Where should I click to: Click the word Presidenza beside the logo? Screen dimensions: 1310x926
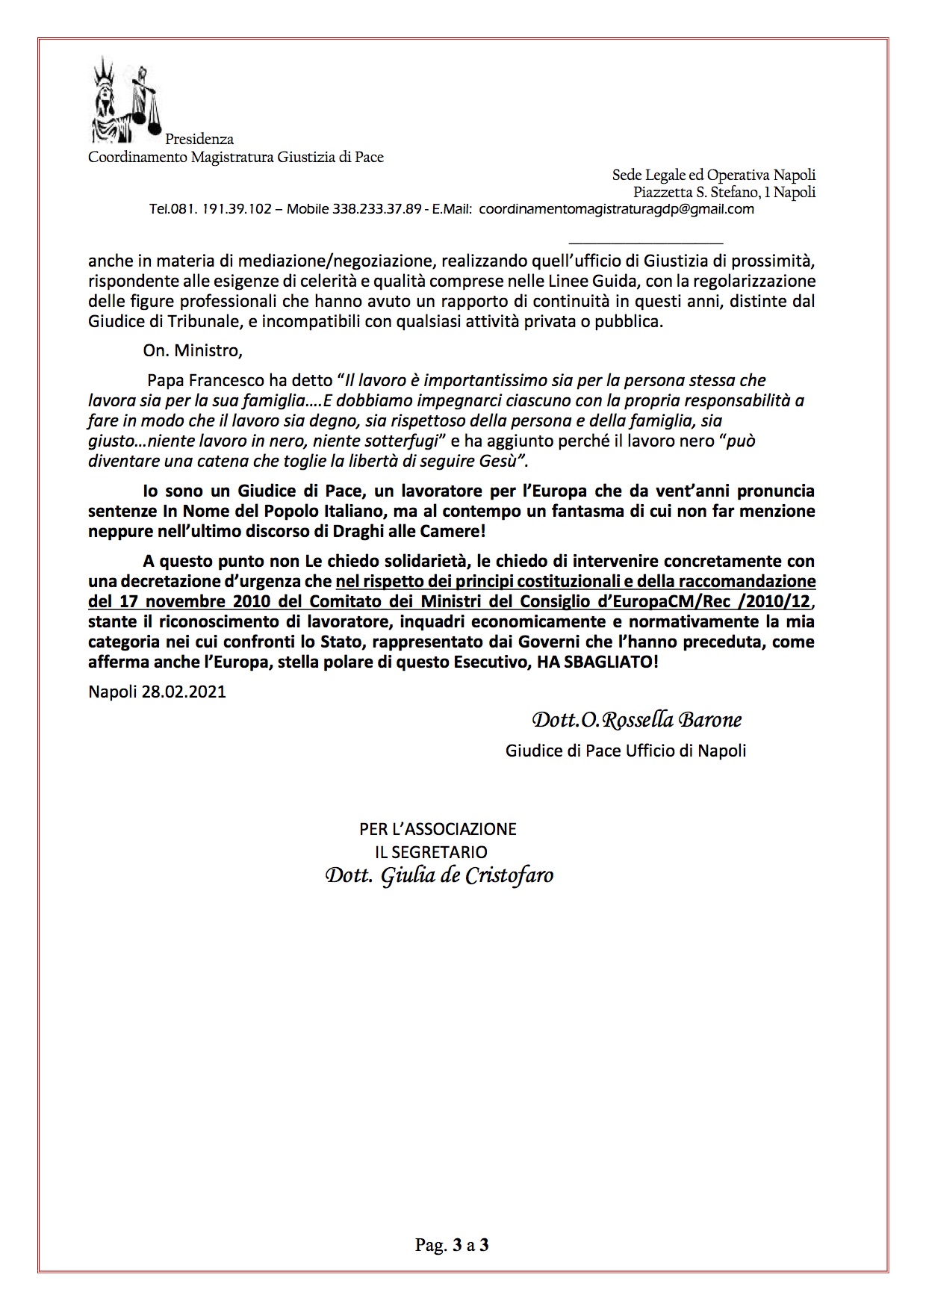pos(199,140)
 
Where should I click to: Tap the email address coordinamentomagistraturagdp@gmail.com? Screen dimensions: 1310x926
pos(616,210)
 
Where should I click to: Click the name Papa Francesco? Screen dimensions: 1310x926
pos(196,381)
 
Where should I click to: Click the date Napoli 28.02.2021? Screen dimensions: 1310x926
pos(157,692)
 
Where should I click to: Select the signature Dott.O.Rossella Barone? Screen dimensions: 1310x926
pos(636,721)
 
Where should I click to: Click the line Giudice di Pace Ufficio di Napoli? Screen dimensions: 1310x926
pos(626,751)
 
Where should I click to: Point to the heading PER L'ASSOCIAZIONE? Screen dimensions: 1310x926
pos(438,829)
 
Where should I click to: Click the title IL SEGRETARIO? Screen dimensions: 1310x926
pos(431,851)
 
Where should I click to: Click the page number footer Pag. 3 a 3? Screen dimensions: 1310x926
pos(452,1245)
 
